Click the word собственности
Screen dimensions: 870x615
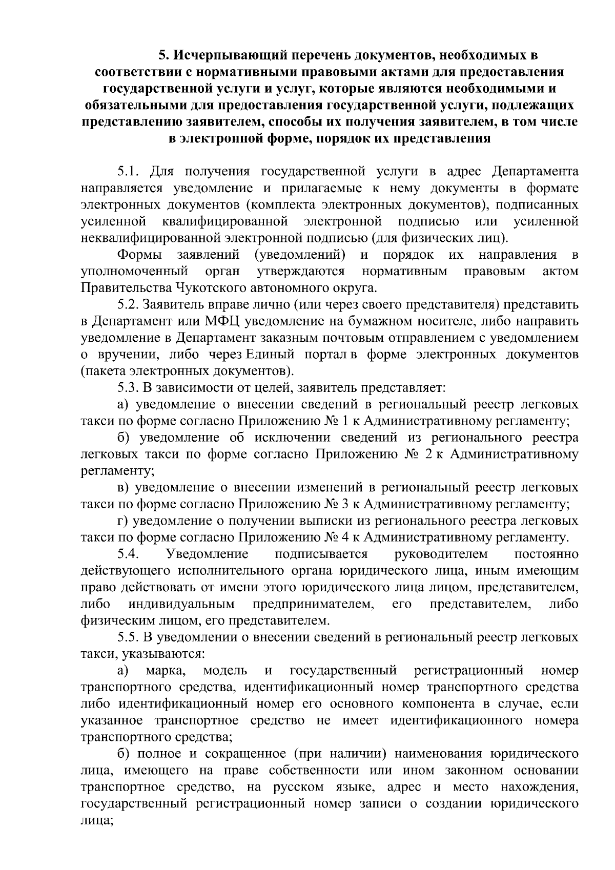click(x=306, y=771)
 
